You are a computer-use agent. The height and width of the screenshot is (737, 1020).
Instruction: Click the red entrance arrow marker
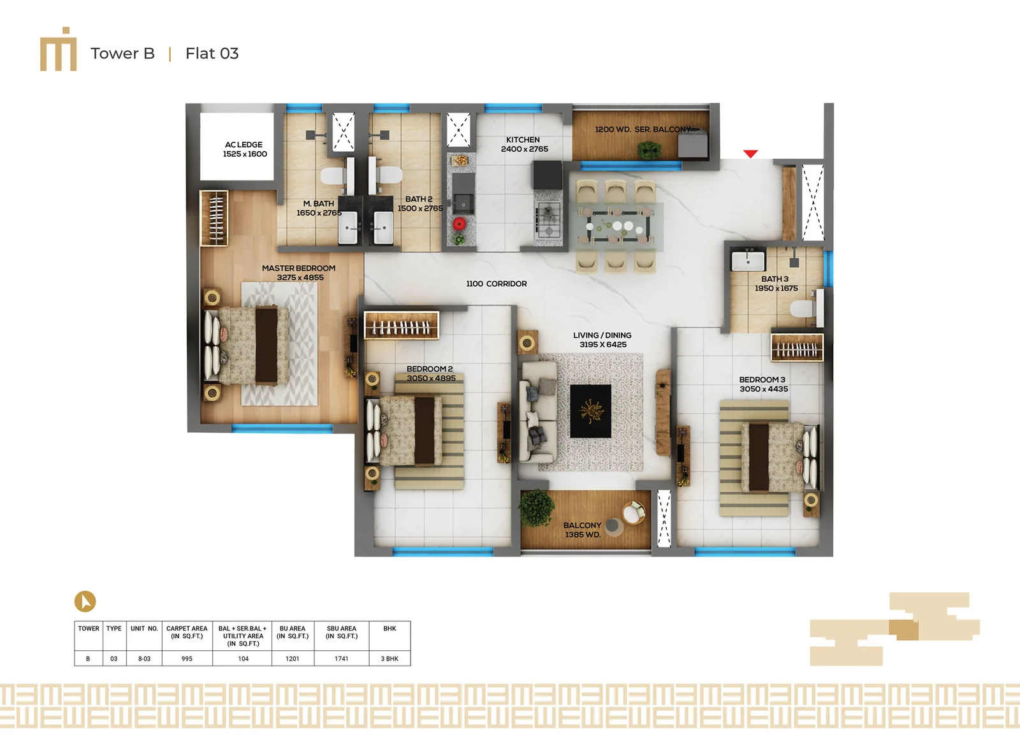750,154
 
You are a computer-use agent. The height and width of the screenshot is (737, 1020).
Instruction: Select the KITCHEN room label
523,140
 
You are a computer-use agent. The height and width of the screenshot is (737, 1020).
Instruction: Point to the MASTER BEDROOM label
299,268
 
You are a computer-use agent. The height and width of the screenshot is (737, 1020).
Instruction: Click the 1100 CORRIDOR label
497,284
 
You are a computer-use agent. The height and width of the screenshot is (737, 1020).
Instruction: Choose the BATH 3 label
775,279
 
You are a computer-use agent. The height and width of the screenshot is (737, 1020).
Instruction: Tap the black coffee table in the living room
590,411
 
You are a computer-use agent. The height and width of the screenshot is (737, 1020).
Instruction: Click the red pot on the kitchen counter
459,224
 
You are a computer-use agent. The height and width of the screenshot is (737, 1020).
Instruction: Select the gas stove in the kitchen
548,219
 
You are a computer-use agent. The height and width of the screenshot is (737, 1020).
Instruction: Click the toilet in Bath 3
806,308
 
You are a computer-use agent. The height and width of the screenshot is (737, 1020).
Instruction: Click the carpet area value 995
187,659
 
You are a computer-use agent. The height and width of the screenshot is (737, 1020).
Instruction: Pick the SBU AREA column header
342,632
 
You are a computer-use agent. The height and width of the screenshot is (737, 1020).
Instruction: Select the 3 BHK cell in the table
390,659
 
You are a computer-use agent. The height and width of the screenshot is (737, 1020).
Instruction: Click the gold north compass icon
85,601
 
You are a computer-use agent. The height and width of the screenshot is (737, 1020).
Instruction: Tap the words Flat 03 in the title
212,54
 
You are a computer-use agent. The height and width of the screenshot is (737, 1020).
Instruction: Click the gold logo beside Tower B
58,49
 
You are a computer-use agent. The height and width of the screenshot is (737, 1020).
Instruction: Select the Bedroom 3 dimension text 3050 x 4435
764,389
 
